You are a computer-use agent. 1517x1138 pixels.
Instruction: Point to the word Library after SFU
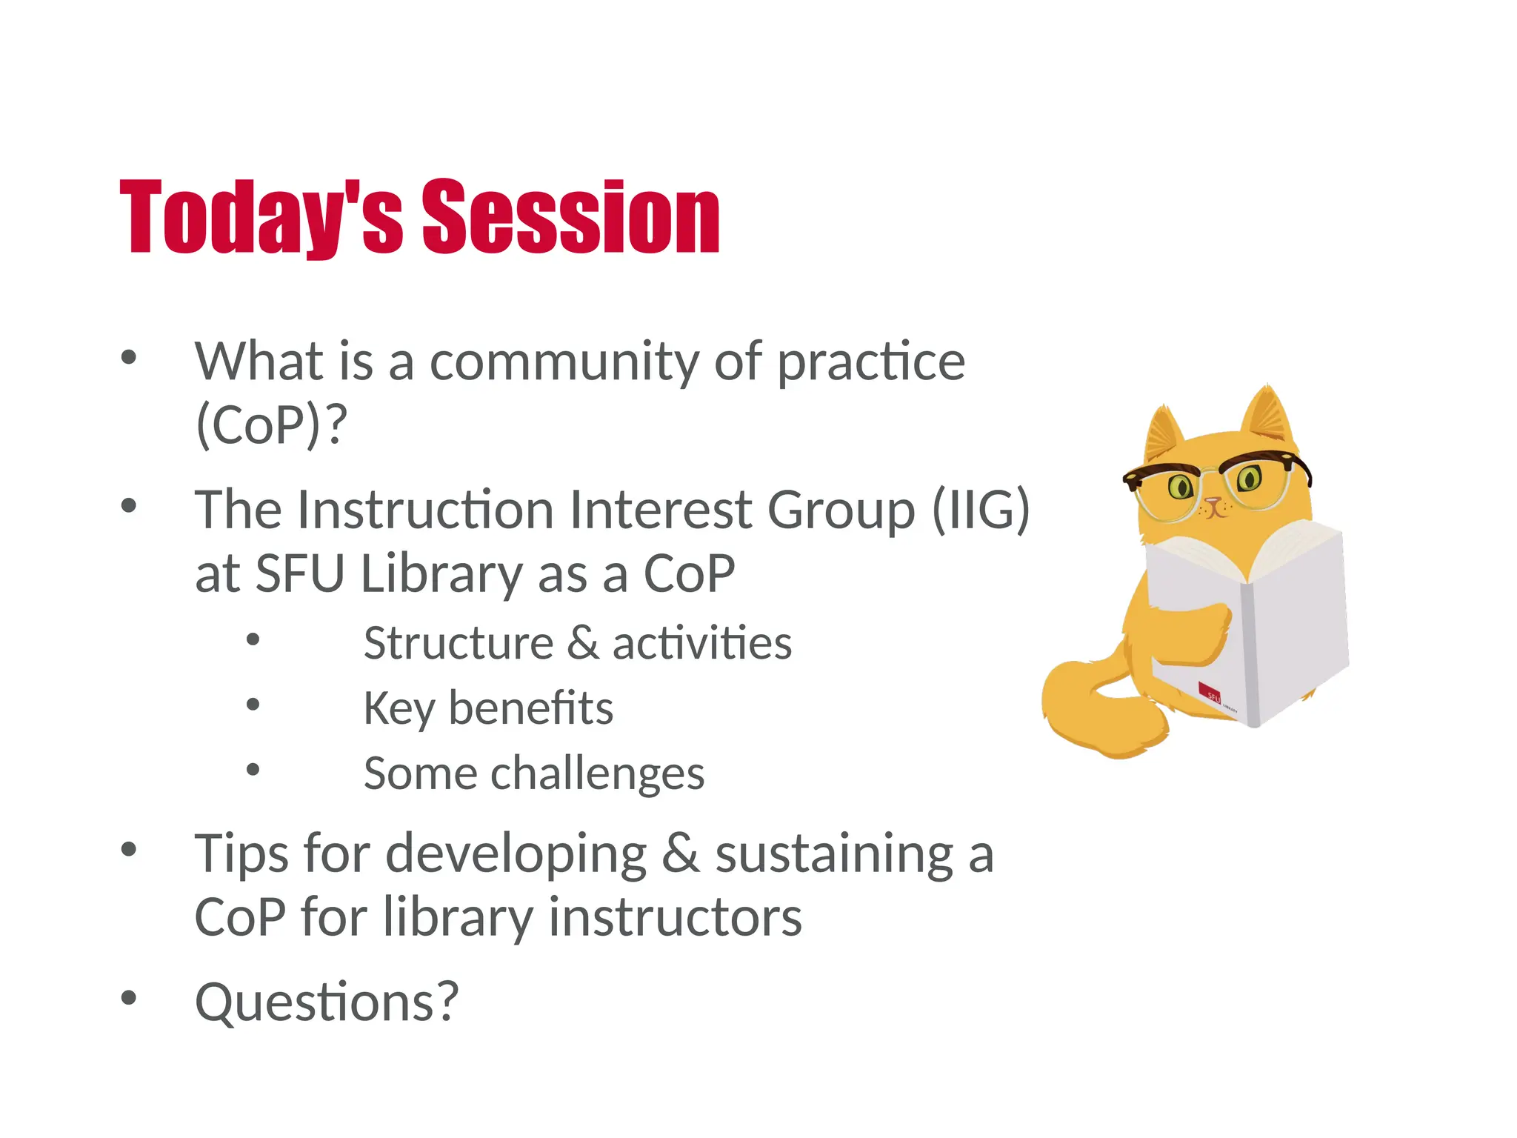441,573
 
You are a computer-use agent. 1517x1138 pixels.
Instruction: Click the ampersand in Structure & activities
583,643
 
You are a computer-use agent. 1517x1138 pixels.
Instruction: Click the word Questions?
327,1002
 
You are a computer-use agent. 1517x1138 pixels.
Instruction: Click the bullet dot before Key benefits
253,705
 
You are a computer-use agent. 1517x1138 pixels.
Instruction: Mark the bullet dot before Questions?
129,998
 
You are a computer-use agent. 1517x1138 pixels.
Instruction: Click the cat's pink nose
1213,504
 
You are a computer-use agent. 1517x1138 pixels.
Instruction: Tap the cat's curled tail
1089,711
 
